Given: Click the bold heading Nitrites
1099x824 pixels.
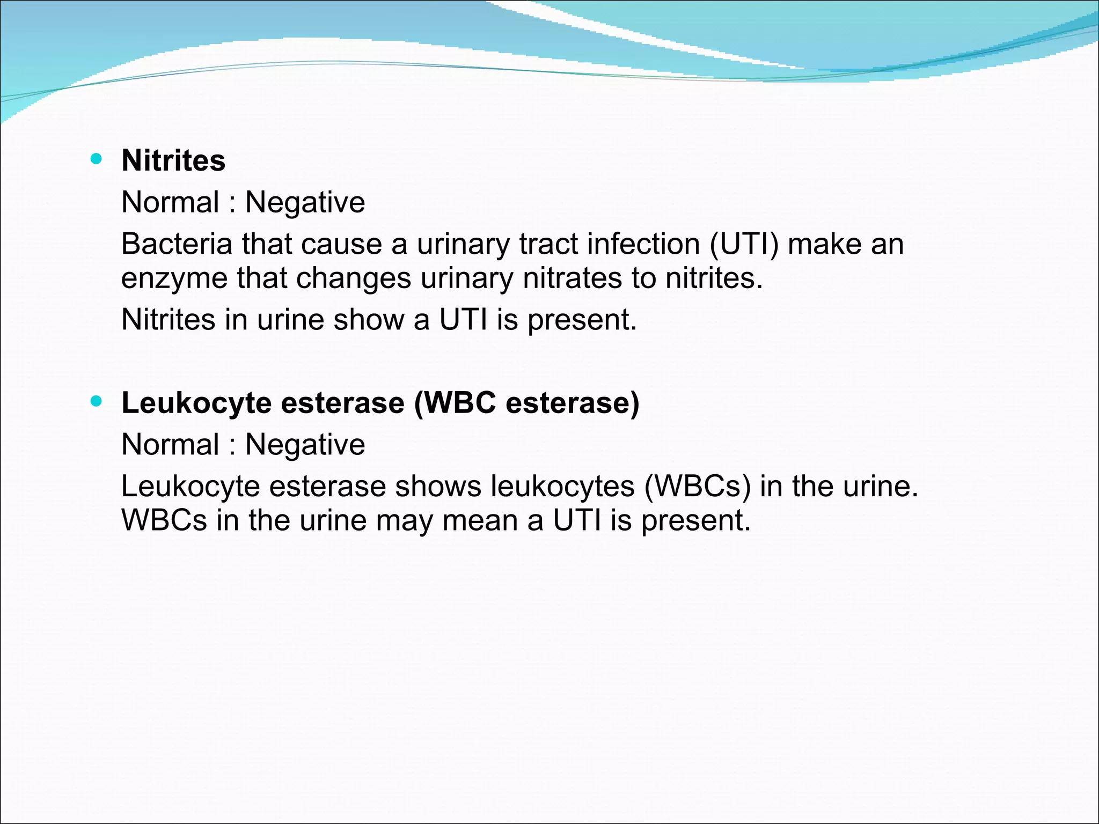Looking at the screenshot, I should (x=173, y=160).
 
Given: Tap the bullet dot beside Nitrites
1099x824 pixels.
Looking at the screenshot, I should (x=96, y=159).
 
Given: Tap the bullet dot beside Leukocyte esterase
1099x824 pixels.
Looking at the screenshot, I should (x=96, y=401).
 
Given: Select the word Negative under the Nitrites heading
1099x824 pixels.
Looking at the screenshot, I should (x=305, y=203).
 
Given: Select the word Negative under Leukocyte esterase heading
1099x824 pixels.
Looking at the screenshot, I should (x=305, y=445).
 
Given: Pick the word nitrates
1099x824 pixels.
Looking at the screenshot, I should (x=572, y=278).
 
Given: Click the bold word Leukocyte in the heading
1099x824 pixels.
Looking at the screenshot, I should (x=196, y=403).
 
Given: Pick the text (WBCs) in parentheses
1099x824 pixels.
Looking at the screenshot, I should (x=698, y=487).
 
